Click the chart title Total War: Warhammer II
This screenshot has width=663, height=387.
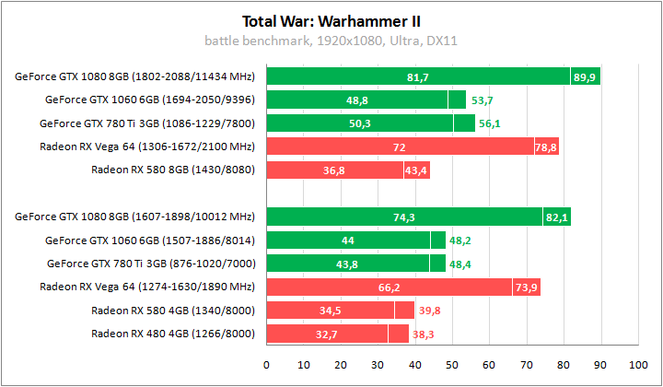click(x=331, y=20)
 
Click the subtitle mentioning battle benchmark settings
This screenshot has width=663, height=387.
click(x=331, y=41)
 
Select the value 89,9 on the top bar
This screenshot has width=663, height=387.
click(x=585, y=76)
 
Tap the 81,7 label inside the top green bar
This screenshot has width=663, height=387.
click(x=418, y=76)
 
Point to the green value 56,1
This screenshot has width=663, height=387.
click(x=488, y=123)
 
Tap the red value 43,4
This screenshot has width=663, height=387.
click(x=416, y=170)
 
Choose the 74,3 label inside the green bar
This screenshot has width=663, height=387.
click(x=404, y=217)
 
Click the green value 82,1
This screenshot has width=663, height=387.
click(x=556, y=217)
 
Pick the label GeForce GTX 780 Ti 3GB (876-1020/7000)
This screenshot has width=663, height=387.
click(x=150, y=264)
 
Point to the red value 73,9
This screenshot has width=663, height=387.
click(x=526, y=287)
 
